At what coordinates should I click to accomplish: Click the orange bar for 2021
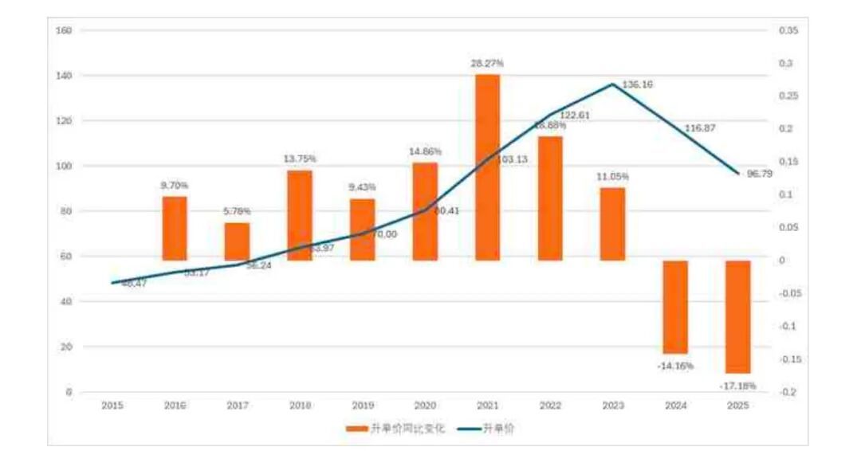(487, 167)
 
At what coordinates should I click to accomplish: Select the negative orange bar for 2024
(675, 307)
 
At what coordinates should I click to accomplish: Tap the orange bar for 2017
(237, 241)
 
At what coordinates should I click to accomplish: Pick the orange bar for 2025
(738, 316)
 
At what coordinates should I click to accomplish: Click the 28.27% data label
(487, 63)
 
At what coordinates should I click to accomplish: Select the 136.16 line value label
(637, 84)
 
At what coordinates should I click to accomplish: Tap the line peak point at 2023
(612, 84)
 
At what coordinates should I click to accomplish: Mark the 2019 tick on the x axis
(362, 406)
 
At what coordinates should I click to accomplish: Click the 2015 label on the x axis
(112, 406)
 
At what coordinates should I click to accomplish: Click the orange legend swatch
(356, 429)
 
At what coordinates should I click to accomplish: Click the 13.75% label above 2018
(299, 159)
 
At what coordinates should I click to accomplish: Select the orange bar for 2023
(612, 224)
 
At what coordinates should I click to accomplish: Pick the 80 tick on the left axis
(67, 211)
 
